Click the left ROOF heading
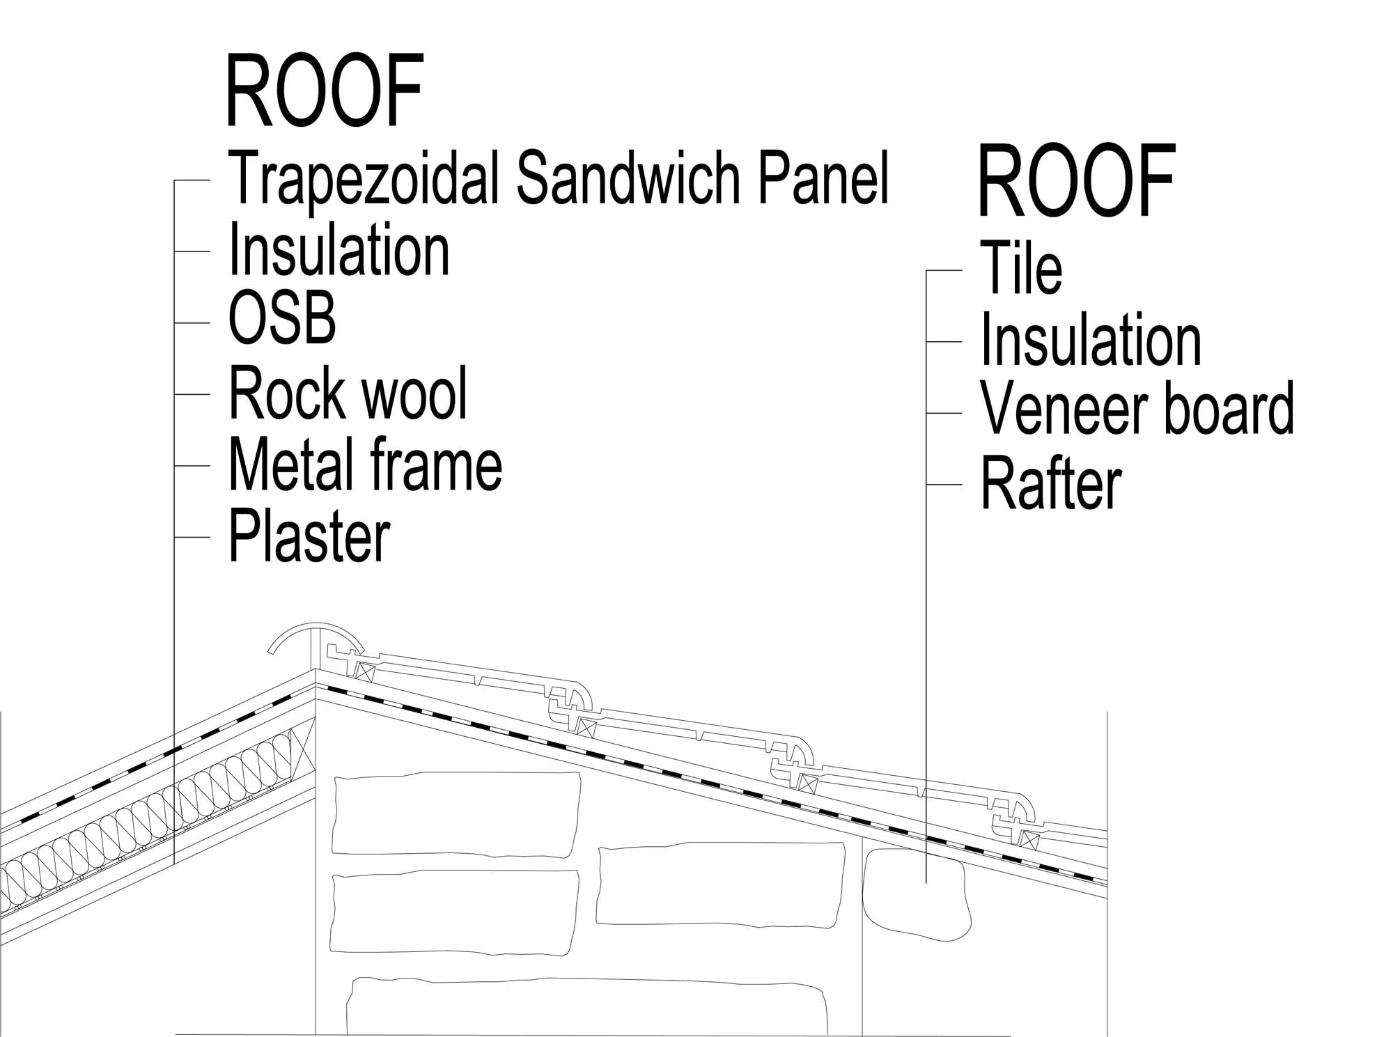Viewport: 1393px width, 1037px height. click(325, 91)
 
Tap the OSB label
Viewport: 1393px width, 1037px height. click(282, 319)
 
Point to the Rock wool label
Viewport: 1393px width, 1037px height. click(348, 393)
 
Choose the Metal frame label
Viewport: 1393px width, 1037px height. click(365, 465)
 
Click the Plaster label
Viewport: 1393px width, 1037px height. click(309, 537)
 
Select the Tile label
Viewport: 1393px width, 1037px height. click(1021, 268)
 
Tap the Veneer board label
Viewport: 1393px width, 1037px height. click(1137, 409)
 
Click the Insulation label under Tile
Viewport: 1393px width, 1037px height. click(1091, 340)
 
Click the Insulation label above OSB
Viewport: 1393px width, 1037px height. click(339, 250)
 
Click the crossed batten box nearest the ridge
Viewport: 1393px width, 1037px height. click(365, 672)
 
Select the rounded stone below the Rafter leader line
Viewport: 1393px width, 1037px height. click(916, 894)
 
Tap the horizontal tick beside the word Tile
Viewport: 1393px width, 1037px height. click(944, 270)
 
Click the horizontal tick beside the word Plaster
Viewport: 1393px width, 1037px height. click(192, 537)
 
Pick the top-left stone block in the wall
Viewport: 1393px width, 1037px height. click(457, 814)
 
